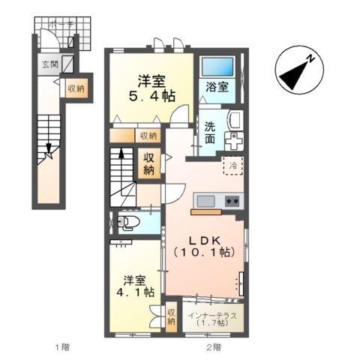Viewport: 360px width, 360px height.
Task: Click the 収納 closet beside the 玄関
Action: click(76, 88)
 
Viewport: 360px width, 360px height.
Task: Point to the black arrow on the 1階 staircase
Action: click(49, 153)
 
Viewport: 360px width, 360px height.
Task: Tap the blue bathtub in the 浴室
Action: click(218, 70)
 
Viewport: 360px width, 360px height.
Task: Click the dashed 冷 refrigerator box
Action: click(233, 166)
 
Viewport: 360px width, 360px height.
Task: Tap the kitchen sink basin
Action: click(204, 201)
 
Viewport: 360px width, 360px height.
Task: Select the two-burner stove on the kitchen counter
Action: click(230, 201)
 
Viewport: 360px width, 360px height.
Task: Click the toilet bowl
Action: click(128, 222)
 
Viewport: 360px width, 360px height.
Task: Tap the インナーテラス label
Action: click(214, 315)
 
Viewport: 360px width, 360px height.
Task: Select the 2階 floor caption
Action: click(214, 347)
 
